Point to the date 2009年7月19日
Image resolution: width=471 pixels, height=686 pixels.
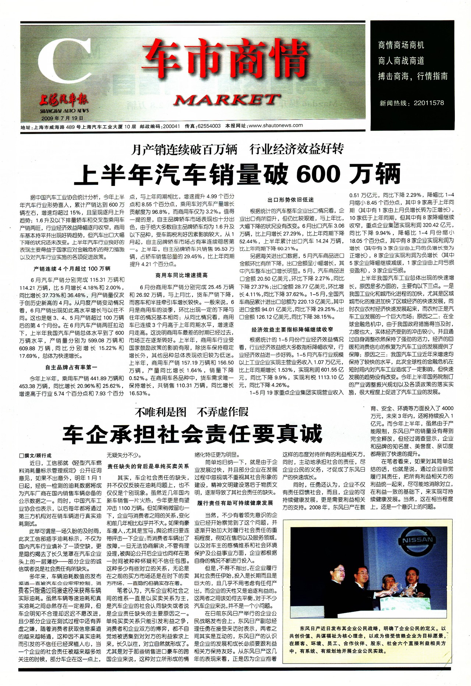[x=62, y=119]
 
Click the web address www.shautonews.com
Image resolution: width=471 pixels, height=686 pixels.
[x=276, y=125]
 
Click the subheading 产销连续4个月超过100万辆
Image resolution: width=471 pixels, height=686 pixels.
[x=72, y=269]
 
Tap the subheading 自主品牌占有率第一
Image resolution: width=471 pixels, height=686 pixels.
[x=71, y=367]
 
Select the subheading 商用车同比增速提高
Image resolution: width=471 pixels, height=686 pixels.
[x=181, y=275]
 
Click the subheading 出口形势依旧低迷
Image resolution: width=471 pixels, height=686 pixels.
[x=291, y=200]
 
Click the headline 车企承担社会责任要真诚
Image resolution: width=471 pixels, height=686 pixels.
[x=192, y=434]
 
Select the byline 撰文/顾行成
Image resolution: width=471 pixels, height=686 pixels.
[x=36, y=455]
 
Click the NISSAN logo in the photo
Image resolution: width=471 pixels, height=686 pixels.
[x=417, y=541]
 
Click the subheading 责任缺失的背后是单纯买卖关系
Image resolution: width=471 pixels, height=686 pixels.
[x=148, y=466]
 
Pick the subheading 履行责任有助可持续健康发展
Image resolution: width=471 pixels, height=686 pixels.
[x=235, y=503]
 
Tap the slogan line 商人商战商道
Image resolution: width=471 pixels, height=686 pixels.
[x=401, y=61]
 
